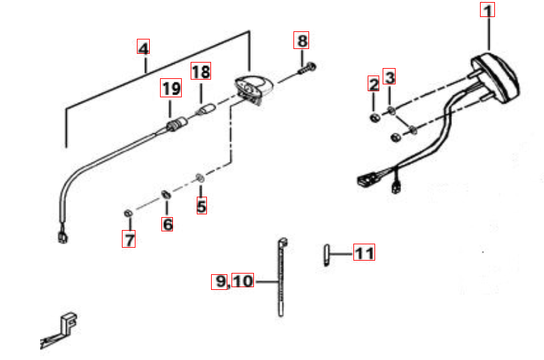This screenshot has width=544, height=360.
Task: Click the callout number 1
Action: click(487, 10)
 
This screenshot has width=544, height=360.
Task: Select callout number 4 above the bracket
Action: click(143, 46)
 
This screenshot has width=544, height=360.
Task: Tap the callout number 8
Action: click(301, 41)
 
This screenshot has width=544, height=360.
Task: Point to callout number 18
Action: click(201, 71)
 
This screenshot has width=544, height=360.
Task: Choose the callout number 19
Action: click(171, 88)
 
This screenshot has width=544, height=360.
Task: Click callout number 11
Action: click(364, 252)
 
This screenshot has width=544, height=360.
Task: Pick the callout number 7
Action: click(129, 239)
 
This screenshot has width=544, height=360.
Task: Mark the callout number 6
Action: click(167, 223)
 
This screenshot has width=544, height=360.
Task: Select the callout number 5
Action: click(202, 206)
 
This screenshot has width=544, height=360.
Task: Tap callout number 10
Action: click(243, 280)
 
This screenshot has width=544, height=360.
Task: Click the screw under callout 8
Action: click(306, 68)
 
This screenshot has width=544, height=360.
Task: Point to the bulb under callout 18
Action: click(206, 110)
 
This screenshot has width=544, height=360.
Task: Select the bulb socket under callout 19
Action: click(177, 124)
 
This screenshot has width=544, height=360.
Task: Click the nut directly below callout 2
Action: click(374, 118)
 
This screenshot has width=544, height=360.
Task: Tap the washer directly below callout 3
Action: click(391, 111)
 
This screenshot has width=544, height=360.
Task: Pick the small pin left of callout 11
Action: click(327, 255)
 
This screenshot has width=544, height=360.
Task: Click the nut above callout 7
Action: click(128, 213)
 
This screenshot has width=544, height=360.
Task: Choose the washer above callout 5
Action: click(200, 178)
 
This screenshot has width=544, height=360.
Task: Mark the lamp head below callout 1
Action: click(495, 78)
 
